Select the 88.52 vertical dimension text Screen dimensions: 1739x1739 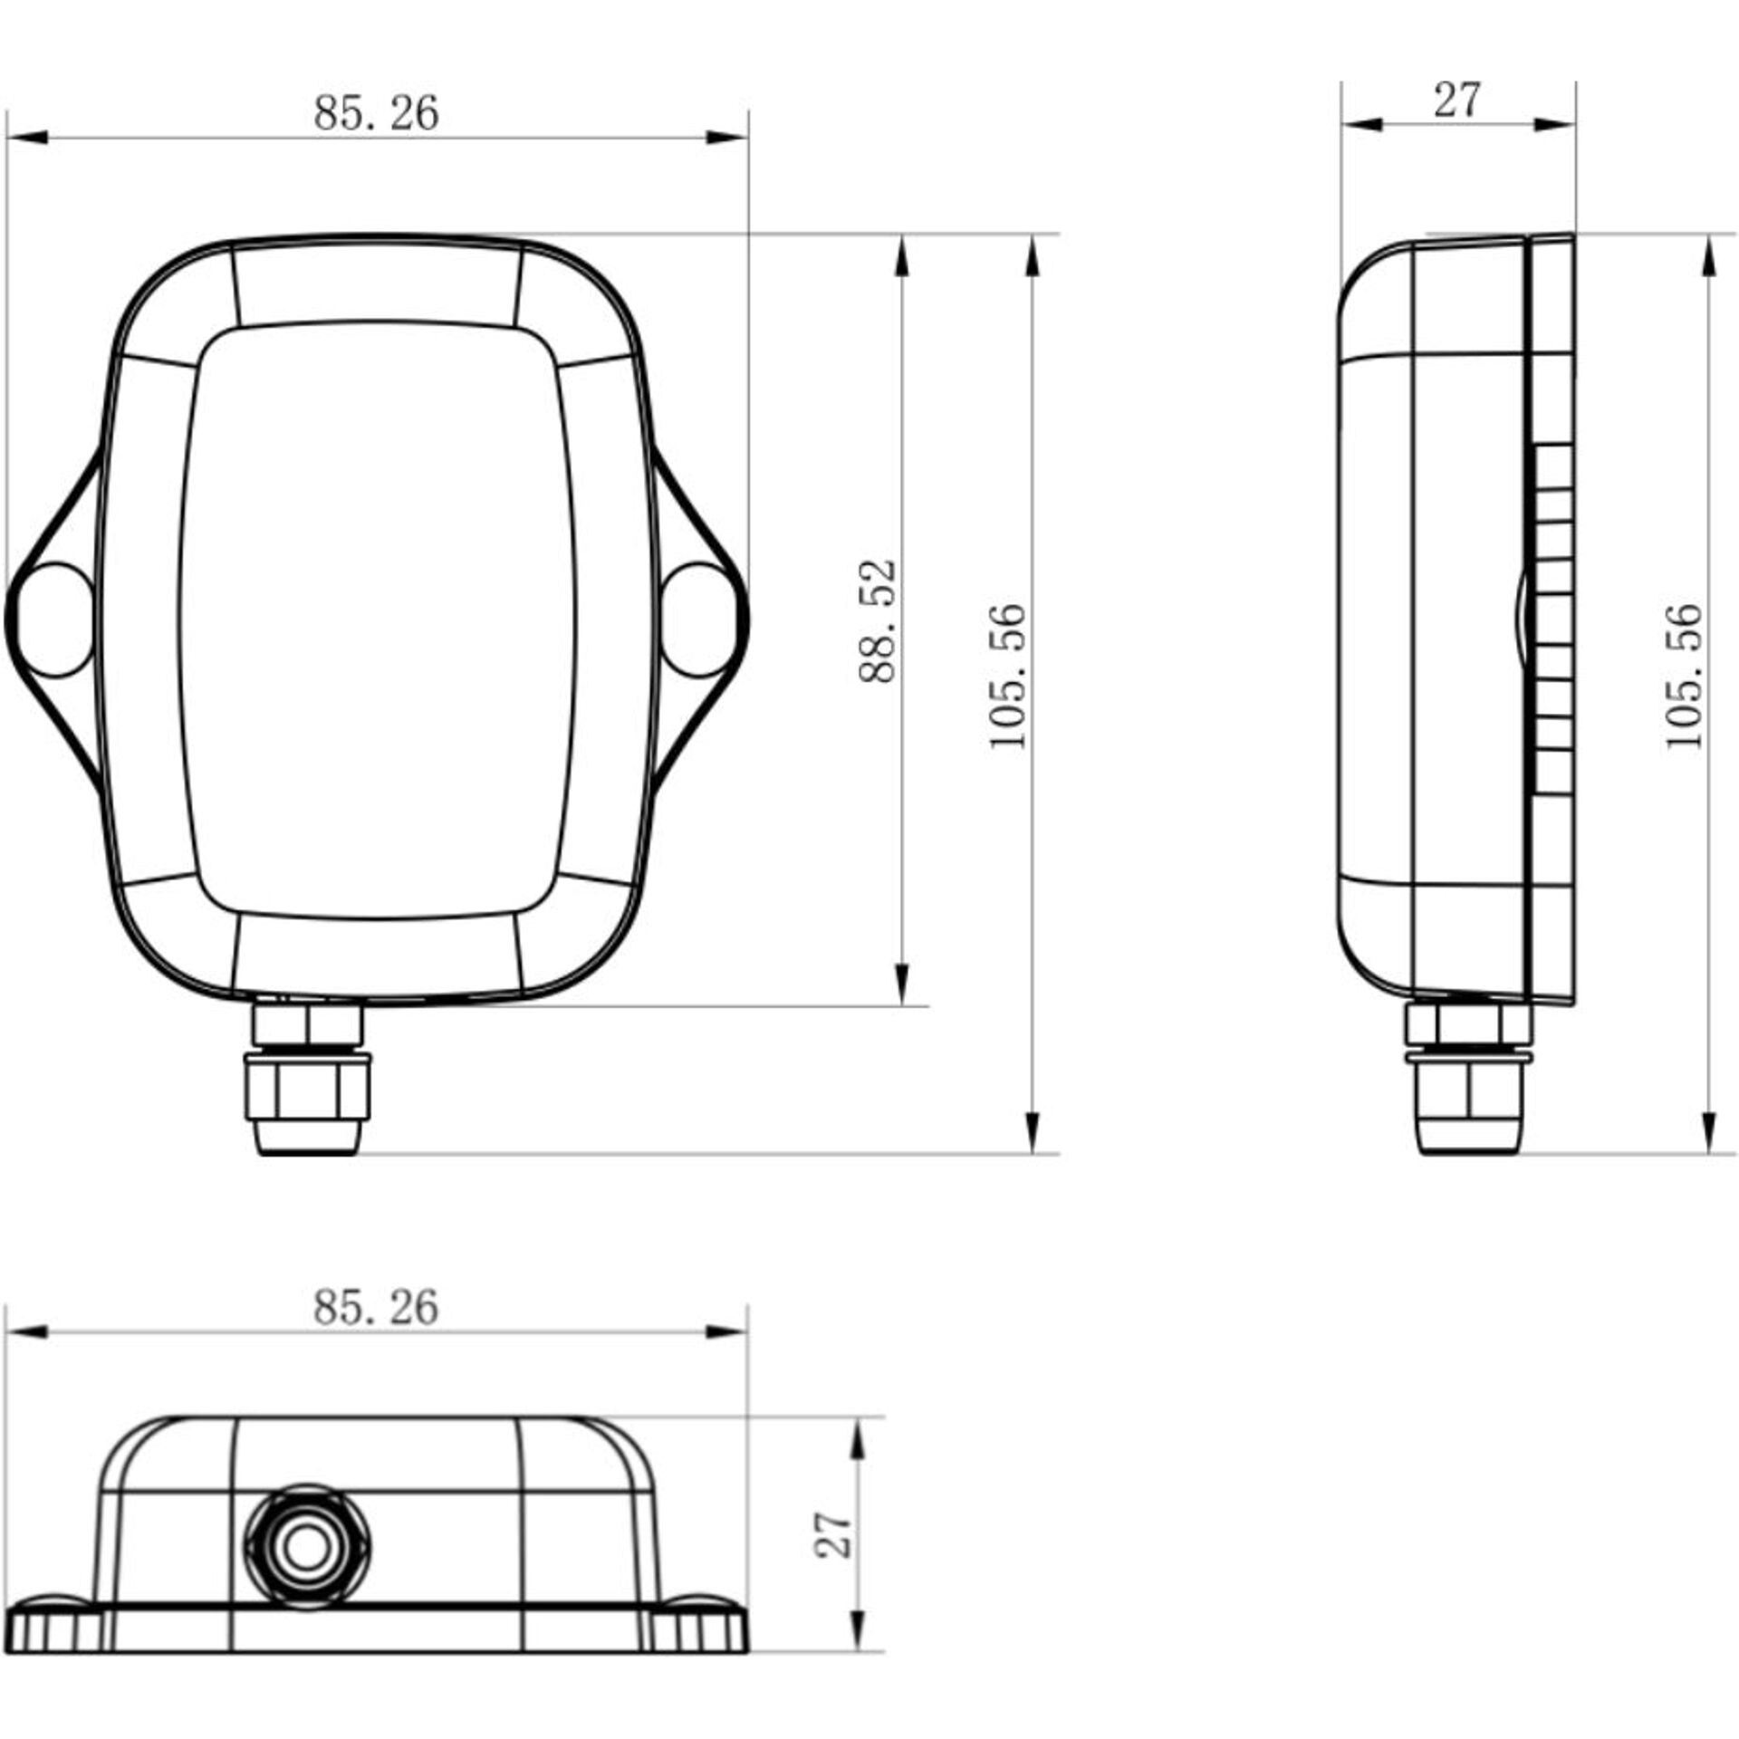click(877, 620)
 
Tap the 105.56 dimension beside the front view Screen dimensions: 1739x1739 click(1008, 676)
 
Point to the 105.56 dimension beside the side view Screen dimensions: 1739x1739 click(1684, 676)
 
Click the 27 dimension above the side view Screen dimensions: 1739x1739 click(1456, 100)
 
